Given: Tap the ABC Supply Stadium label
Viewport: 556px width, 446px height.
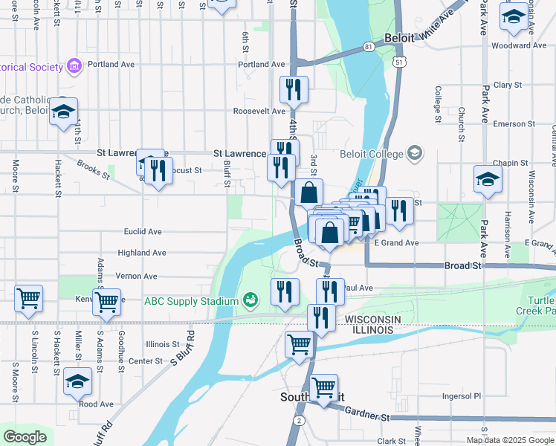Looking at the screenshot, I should point(193,301).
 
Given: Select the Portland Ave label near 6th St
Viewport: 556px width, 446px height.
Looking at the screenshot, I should point(262,65).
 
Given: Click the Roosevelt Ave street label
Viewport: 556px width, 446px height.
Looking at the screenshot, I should point(259,111).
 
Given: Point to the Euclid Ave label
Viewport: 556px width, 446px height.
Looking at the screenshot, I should point(144,232).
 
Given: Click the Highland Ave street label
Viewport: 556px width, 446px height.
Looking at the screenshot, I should point(142,253).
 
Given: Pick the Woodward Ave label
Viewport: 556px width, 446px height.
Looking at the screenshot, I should point(520,45).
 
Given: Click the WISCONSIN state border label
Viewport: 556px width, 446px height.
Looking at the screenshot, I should point(372,319).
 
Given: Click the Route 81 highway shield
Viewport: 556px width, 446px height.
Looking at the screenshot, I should point(369,47).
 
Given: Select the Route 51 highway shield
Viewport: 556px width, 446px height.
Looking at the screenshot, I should point(401,62).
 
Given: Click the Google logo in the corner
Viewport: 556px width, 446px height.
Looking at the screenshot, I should point(25,437).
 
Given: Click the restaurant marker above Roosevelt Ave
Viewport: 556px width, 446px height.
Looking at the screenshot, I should point(294,90).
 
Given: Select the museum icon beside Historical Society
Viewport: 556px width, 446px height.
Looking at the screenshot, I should point(74,67).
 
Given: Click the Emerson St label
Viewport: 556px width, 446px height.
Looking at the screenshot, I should point(509,124).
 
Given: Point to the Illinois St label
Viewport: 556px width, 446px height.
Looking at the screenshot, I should point(163,344).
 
